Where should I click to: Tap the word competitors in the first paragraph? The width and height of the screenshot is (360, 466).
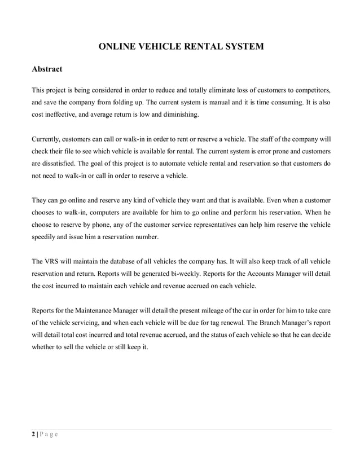pyautogui.click(x=310, y=90)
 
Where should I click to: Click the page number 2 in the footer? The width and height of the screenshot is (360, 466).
pyautogui.click(x=32, y=433)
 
